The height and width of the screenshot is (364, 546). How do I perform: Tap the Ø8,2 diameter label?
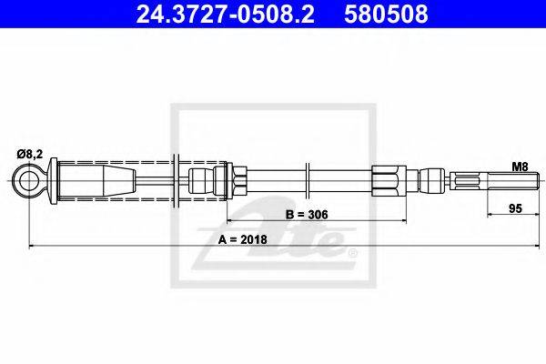point(30,153)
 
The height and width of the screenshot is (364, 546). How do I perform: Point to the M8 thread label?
point(520,167)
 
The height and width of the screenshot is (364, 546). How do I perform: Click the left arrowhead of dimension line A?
point(34,246)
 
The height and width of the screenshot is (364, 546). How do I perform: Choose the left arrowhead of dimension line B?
point(230,221)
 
